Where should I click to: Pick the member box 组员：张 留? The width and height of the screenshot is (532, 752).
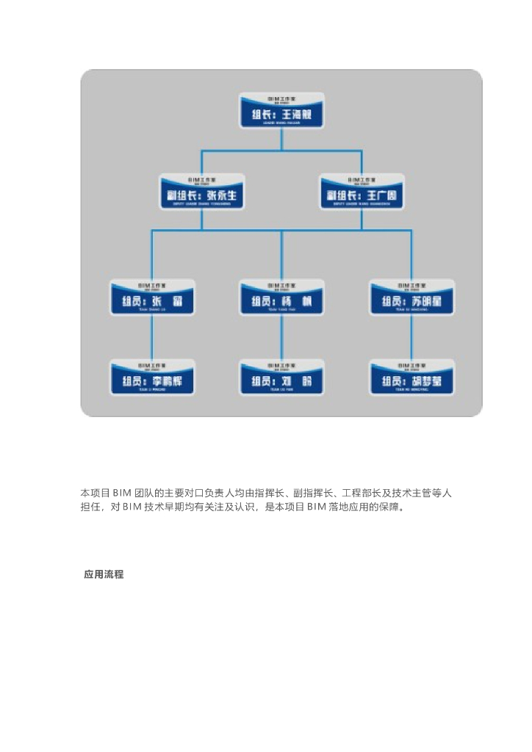pos(152,300)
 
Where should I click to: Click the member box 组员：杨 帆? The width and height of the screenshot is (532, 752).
pos(282,300)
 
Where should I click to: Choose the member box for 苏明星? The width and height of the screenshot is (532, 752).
pos(411,300)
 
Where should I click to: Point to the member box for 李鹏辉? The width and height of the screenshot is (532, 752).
pos(152,379)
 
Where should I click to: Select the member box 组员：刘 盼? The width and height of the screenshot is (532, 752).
pos(282,379)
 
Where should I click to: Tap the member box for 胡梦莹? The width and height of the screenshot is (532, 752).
pos(411,379)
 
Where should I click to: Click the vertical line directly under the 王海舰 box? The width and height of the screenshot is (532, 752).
pos(282,140)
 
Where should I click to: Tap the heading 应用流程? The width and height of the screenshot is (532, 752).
pos(104,575)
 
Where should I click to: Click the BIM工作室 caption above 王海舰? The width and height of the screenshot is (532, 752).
pos(282,98)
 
